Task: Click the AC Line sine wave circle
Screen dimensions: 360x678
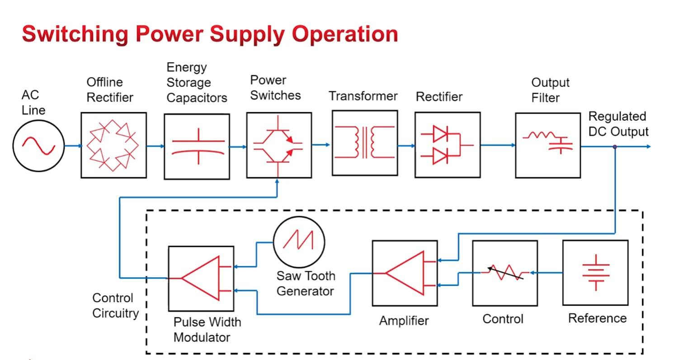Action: pyautogui.click(x=38, y=146)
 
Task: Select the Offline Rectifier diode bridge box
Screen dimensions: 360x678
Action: pyautogui.click(x=113, y=145)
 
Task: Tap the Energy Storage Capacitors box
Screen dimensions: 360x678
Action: pyautogui.click(x=197, y=146)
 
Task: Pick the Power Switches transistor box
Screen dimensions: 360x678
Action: pyautogui.click(x=279, y=145)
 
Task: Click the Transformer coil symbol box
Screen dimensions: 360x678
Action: pyautogui.click(x=365, y=143)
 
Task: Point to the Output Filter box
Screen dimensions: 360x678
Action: pyautogui.click(x=548, y=145)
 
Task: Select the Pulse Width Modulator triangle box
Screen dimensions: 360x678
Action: pyautogui.click(x=201, y=278)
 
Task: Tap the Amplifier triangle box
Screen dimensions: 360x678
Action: pyautogui.click(x=405, y=273)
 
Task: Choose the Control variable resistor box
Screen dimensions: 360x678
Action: pyautogui.click(x=505, y=273)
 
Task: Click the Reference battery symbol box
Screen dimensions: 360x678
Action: pyautogui.click(x=595, y=273)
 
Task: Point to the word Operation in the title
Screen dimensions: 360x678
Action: pyautogui.click(x=345, y=34)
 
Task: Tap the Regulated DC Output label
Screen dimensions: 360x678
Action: pyautogui.click(x=618, y=124)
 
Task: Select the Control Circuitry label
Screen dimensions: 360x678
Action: pyautogui.click(x=115, y=306)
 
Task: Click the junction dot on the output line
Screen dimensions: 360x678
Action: pyautogui.click(x=615, y=147)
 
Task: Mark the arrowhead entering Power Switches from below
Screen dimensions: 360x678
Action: pyautogui.click(x=277, y=182)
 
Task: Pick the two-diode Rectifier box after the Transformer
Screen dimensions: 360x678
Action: pyautogui.click(x=447, y=145)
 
